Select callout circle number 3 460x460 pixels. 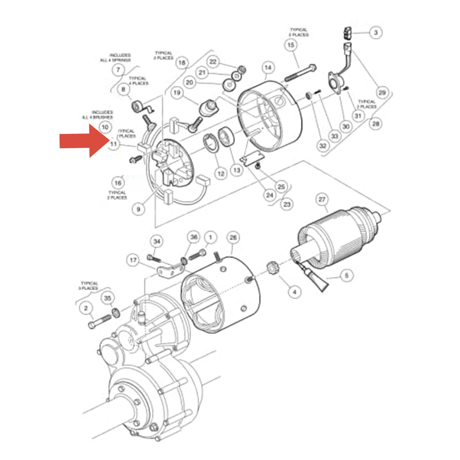pyautogui.click(x=375, y=32)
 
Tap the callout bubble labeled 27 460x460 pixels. pyautogui.click(x=322, y=199)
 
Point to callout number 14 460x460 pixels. pyautogui.click(x=268, y=68)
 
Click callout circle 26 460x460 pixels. pyautogui.click(x=233, y=237)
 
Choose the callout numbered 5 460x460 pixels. pyautogui.click(x=346, y=275)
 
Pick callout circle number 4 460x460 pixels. pyautogui.click(x=294, y=292)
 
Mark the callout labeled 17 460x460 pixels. pyautogui.click(x=133, y=260)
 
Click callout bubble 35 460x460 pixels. pyautogui.click(x=108, y=298)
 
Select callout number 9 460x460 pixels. pyautogui.click(x=138, y=209)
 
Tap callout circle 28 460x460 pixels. pyautogui.click(x=376, y=124)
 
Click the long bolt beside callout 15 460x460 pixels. pyautogui.click(x=300, y=73)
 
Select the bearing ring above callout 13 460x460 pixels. pyautogui.click(x=226, y=137)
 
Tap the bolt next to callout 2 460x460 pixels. pyautogui.click(x=99, y=321)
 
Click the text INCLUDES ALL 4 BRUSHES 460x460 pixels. pyautogui.click(x=98, y=115)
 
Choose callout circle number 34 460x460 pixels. pyautogui.click(x=157, y=241)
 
